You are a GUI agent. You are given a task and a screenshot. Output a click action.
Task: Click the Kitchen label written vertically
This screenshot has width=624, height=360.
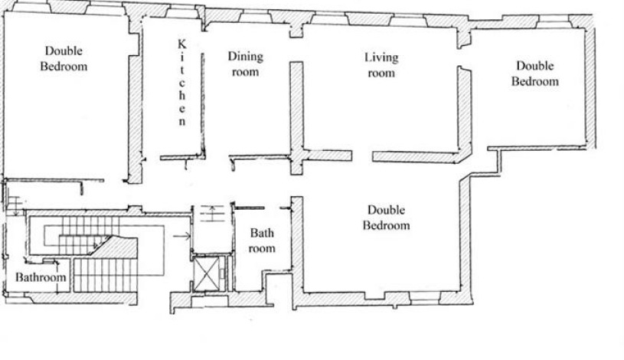click(182, 83)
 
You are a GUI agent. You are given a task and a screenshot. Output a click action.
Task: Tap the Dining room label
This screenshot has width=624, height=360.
click(245, 64)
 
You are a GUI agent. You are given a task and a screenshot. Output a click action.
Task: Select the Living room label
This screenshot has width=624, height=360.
click(381, 65)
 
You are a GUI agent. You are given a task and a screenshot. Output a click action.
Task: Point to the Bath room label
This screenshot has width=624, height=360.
click(262, 241)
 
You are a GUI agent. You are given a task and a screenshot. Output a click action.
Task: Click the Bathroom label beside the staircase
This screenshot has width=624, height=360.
click(41, 277)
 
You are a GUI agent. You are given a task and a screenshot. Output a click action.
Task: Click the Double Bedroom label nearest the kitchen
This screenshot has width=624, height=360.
click(64, 58)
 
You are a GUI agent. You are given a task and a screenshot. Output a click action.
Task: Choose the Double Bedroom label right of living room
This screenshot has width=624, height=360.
click(535, 74)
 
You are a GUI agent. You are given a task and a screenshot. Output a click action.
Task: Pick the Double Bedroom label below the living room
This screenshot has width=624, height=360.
click(386, 218)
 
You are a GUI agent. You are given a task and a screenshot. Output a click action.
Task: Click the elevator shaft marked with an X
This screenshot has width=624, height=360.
click(206, 273)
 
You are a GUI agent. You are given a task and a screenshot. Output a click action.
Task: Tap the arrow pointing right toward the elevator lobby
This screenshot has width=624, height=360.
click(182, 237)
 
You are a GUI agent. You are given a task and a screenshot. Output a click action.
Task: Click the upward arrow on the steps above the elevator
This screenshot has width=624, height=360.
click(212, 214)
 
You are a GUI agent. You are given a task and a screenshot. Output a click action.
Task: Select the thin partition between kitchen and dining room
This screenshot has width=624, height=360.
click(203, 104)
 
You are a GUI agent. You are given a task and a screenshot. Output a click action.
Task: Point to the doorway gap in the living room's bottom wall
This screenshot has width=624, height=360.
click(363, 155)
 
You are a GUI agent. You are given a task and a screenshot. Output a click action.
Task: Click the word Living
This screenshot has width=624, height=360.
click(381, 57)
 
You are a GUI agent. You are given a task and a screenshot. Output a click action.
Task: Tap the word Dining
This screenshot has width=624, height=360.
click(245, 57)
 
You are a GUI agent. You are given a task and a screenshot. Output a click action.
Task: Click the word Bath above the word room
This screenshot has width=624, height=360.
click(262, 233)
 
